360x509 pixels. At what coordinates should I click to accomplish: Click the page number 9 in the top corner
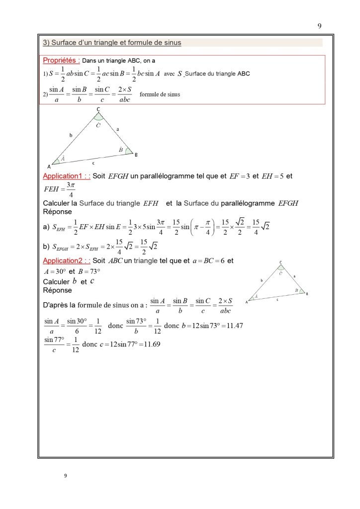(319, 26)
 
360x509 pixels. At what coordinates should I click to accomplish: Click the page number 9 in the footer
(65, 475)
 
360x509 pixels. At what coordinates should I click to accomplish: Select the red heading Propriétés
(62, 61)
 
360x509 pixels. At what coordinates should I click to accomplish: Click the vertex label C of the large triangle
(98, 109)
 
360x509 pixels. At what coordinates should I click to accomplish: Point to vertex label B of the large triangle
(136, 155)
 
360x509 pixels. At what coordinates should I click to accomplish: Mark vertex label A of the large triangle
(49, 167)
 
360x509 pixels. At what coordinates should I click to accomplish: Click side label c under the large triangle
(93, 163)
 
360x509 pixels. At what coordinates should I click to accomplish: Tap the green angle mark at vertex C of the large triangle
(98, 117)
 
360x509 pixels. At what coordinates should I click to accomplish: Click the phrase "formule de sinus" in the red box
(160, 94)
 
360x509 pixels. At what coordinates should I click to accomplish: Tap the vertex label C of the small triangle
(280, 262)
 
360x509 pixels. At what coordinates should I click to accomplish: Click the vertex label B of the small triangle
(307, 294)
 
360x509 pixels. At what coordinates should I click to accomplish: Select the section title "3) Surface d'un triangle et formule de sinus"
(112, 43)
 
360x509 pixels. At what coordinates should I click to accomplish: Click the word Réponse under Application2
(57, 290)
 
